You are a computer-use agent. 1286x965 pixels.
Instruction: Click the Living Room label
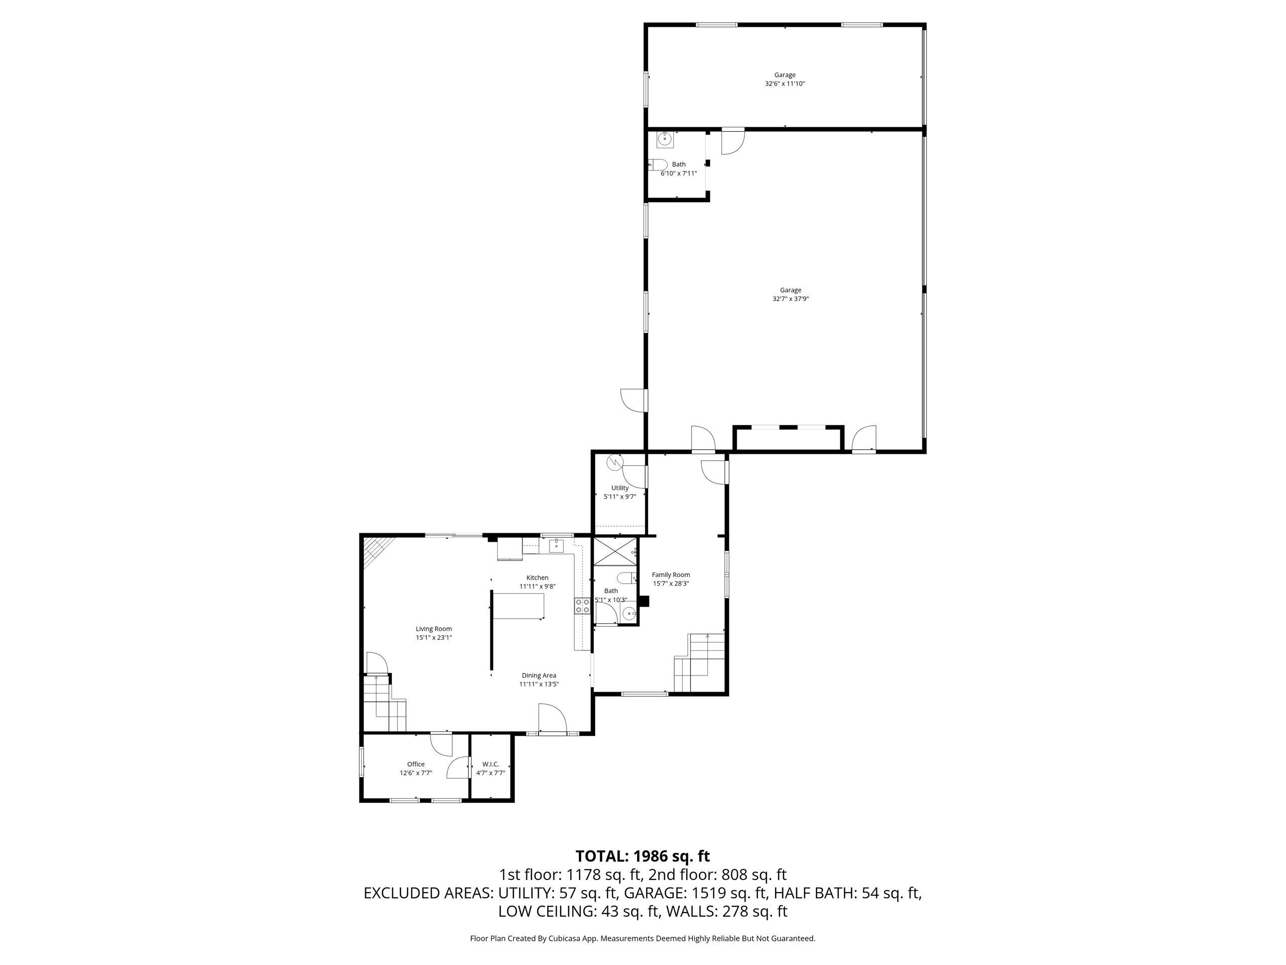coord(434,629)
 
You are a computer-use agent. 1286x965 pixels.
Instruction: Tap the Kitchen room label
coord(537,577)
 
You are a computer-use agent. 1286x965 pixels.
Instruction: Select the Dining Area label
coord(539,675)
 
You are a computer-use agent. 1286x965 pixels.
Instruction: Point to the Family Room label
coord(671,574)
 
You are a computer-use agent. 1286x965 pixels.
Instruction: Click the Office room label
coord(415,764)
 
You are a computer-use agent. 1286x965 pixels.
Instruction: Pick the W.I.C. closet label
coord(491,764)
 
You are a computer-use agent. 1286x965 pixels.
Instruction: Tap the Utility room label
coord(620,488)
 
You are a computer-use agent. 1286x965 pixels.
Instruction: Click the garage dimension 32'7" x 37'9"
coord(791,299)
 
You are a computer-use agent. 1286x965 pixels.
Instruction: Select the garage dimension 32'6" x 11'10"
coord(785,84)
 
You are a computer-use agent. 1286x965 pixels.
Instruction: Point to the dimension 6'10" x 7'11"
coord(679,173)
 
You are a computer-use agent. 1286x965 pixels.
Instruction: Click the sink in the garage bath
coord(665,140)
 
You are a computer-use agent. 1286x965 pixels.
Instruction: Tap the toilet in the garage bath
coord(658,165)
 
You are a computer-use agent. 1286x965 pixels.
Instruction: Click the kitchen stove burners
coord(583,606)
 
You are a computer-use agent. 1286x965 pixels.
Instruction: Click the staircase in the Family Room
coord(700,662)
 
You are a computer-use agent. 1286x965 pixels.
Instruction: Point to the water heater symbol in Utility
coord(615,463)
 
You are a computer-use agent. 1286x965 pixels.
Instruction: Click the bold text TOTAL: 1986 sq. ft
coord(642,856)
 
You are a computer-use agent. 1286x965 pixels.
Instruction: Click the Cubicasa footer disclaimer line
coord(642,938)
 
